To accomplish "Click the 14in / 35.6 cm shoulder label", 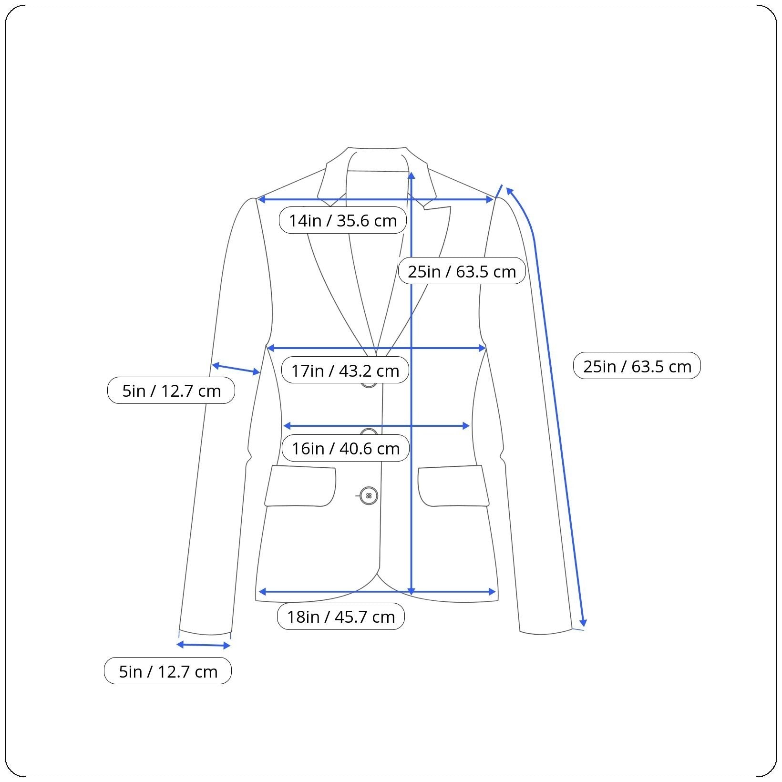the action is pyautogui.click(x=342, y=220).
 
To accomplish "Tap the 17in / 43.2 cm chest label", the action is pyautogui.click(x=345, y=370).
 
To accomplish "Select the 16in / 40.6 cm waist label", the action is pyautogui.click(x=345, y=448).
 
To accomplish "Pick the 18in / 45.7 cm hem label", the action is pyautogui.click(x=340, y=617).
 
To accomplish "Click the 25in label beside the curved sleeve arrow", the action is pyautogui.click(x=637, y=366).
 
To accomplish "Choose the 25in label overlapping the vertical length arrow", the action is pyautogui.click(x=462, y=271).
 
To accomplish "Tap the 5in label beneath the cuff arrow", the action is pyautogui.click(x=168, y=671).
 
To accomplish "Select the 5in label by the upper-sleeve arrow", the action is pyautogui.click(x=171, y=390).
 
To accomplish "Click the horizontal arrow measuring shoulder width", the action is pyautogui.click(x=376, y=199).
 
